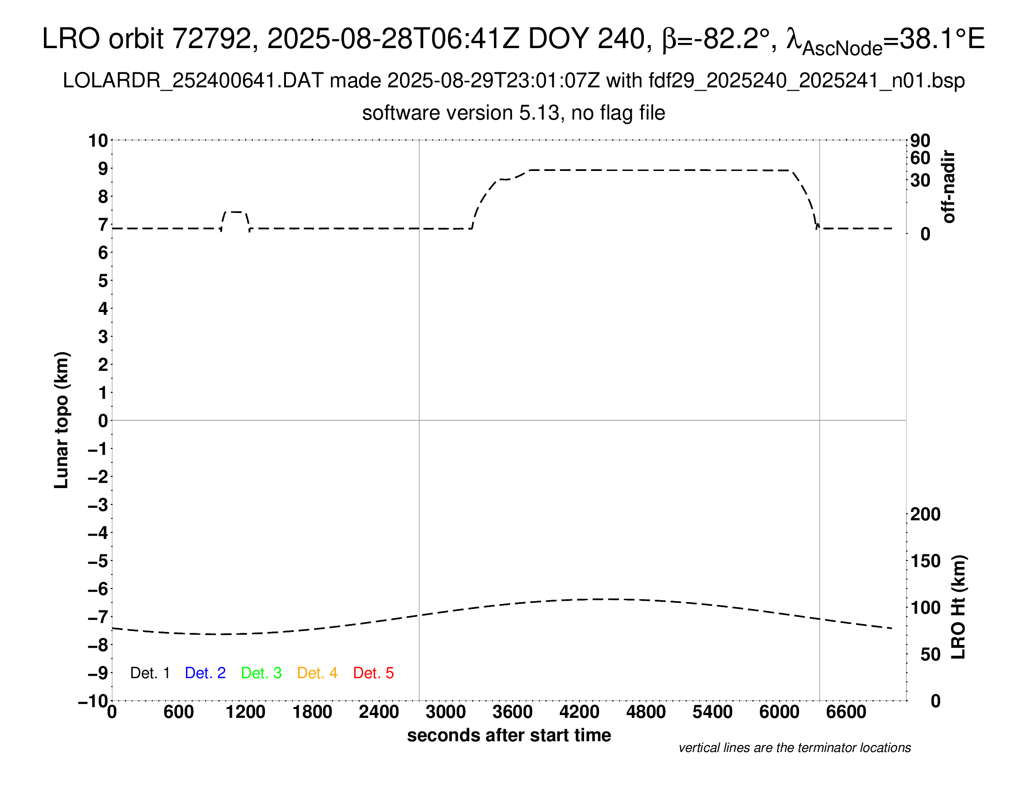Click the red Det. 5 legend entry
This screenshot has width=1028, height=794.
(373, 673)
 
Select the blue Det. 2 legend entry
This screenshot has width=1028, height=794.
(205, 673)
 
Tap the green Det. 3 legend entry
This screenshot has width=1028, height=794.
(261, 673)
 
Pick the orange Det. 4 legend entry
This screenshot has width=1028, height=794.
(317, 673)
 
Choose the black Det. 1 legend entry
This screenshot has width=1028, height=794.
(150, 673)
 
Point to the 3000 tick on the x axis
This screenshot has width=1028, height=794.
(446, 712)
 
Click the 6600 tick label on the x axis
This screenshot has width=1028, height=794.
(846, 712)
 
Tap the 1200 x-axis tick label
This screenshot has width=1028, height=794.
(245, 712)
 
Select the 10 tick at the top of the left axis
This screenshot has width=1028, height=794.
(99, 141)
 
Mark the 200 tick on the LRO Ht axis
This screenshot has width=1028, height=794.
(925, 514)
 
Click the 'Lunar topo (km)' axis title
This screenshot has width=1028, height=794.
(62, 420)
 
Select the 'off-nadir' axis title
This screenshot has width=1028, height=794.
(949, 187)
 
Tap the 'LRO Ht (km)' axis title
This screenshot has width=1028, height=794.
(958, 607)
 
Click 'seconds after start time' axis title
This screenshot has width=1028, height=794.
(509, 735)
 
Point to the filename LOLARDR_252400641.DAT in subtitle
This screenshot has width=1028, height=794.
(193, 81)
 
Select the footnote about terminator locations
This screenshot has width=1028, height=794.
(794, 748)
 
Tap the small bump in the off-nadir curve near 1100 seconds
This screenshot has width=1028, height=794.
(236, 212)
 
